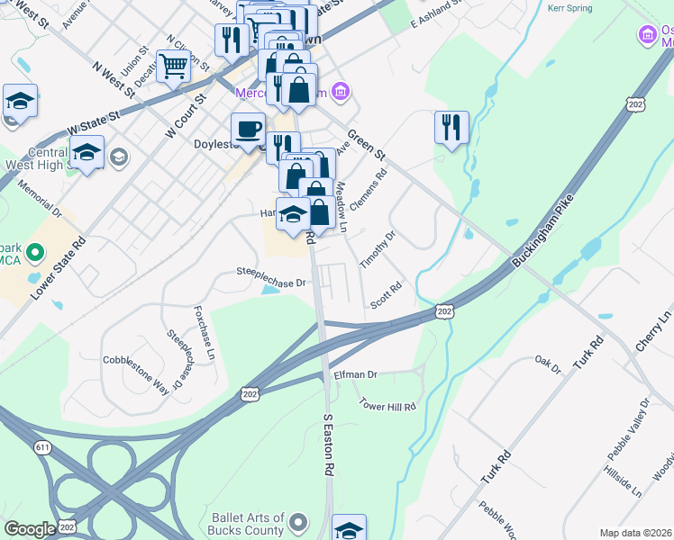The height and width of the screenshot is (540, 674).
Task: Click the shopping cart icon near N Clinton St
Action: (x=173, y=65)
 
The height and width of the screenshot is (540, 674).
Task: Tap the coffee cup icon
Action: (x=248, y=128)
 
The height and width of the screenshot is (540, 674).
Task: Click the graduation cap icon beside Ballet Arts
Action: (x=349, y=527)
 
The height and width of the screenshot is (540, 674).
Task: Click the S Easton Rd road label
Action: (x=329, y=445)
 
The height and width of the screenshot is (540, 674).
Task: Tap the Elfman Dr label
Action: (x=355, y=373)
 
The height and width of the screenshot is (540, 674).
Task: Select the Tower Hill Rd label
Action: (x=387, y=406)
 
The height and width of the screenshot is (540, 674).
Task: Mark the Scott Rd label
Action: (x=386, y=294)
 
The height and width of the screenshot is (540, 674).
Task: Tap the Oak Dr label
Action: (x=548, y=363)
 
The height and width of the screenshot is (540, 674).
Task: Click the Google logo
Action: (x=30, y=529)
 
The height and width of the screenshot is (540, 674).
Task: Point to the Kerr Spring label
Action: (x=569, y=8)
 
